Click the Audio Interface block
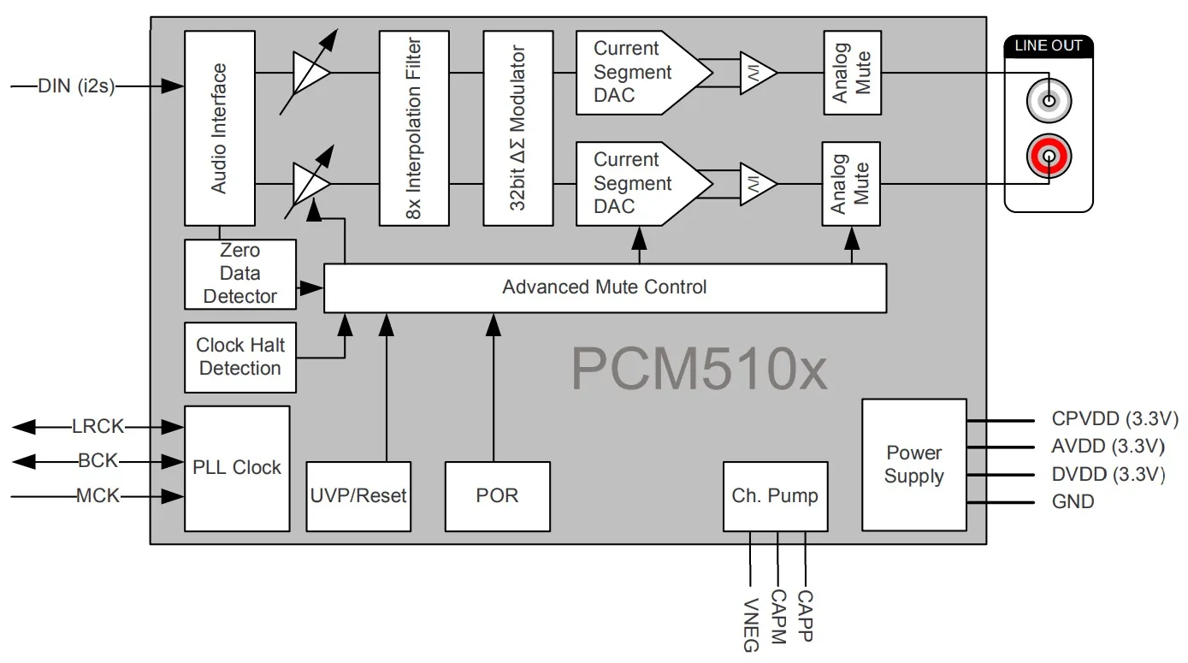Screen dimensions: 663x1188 (x=220, y=128)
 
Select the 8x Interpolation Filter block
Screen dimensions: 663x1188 (x=414, y=128)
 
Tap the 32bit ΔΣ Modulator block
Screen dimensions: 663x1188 (x=517, y=128)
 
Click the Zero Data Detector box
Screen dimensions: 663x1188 (x=240, y=274)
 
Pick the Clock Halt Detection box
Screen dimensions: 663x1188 (x=240, y=357)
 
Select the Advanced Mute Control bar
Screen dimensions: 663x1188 (x=605, y=287)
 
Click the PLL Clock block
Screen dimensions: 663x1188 (x=237, y=468)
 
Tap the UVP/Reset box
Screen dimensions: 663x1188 (x=358, y=496)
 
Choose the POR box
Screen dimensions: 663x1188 (x=497, y=496)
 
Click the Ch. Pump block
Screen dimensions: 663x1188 (x=775, y=496)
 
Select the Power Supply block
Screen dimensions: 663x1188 (x=913, y=465)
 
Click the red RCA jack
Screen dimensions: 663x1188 (x=1049, y=157)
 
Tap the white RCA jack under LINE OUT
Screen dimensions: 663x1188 (x=1049, y=102)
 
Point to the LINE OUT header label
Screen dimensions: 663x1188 (x=1049, y=46)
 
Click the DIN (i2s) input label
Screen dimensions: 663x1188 (x=76, y=86)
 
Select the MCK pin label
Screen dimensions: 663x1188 (x=98, y=495)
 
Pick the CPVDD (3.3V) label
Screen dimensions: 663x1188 (x=1114, y=420)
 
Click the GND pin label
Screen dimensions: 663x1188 (x=1073, y=501)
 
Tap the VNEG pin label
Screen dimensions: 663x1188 (x=751, y=625)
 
